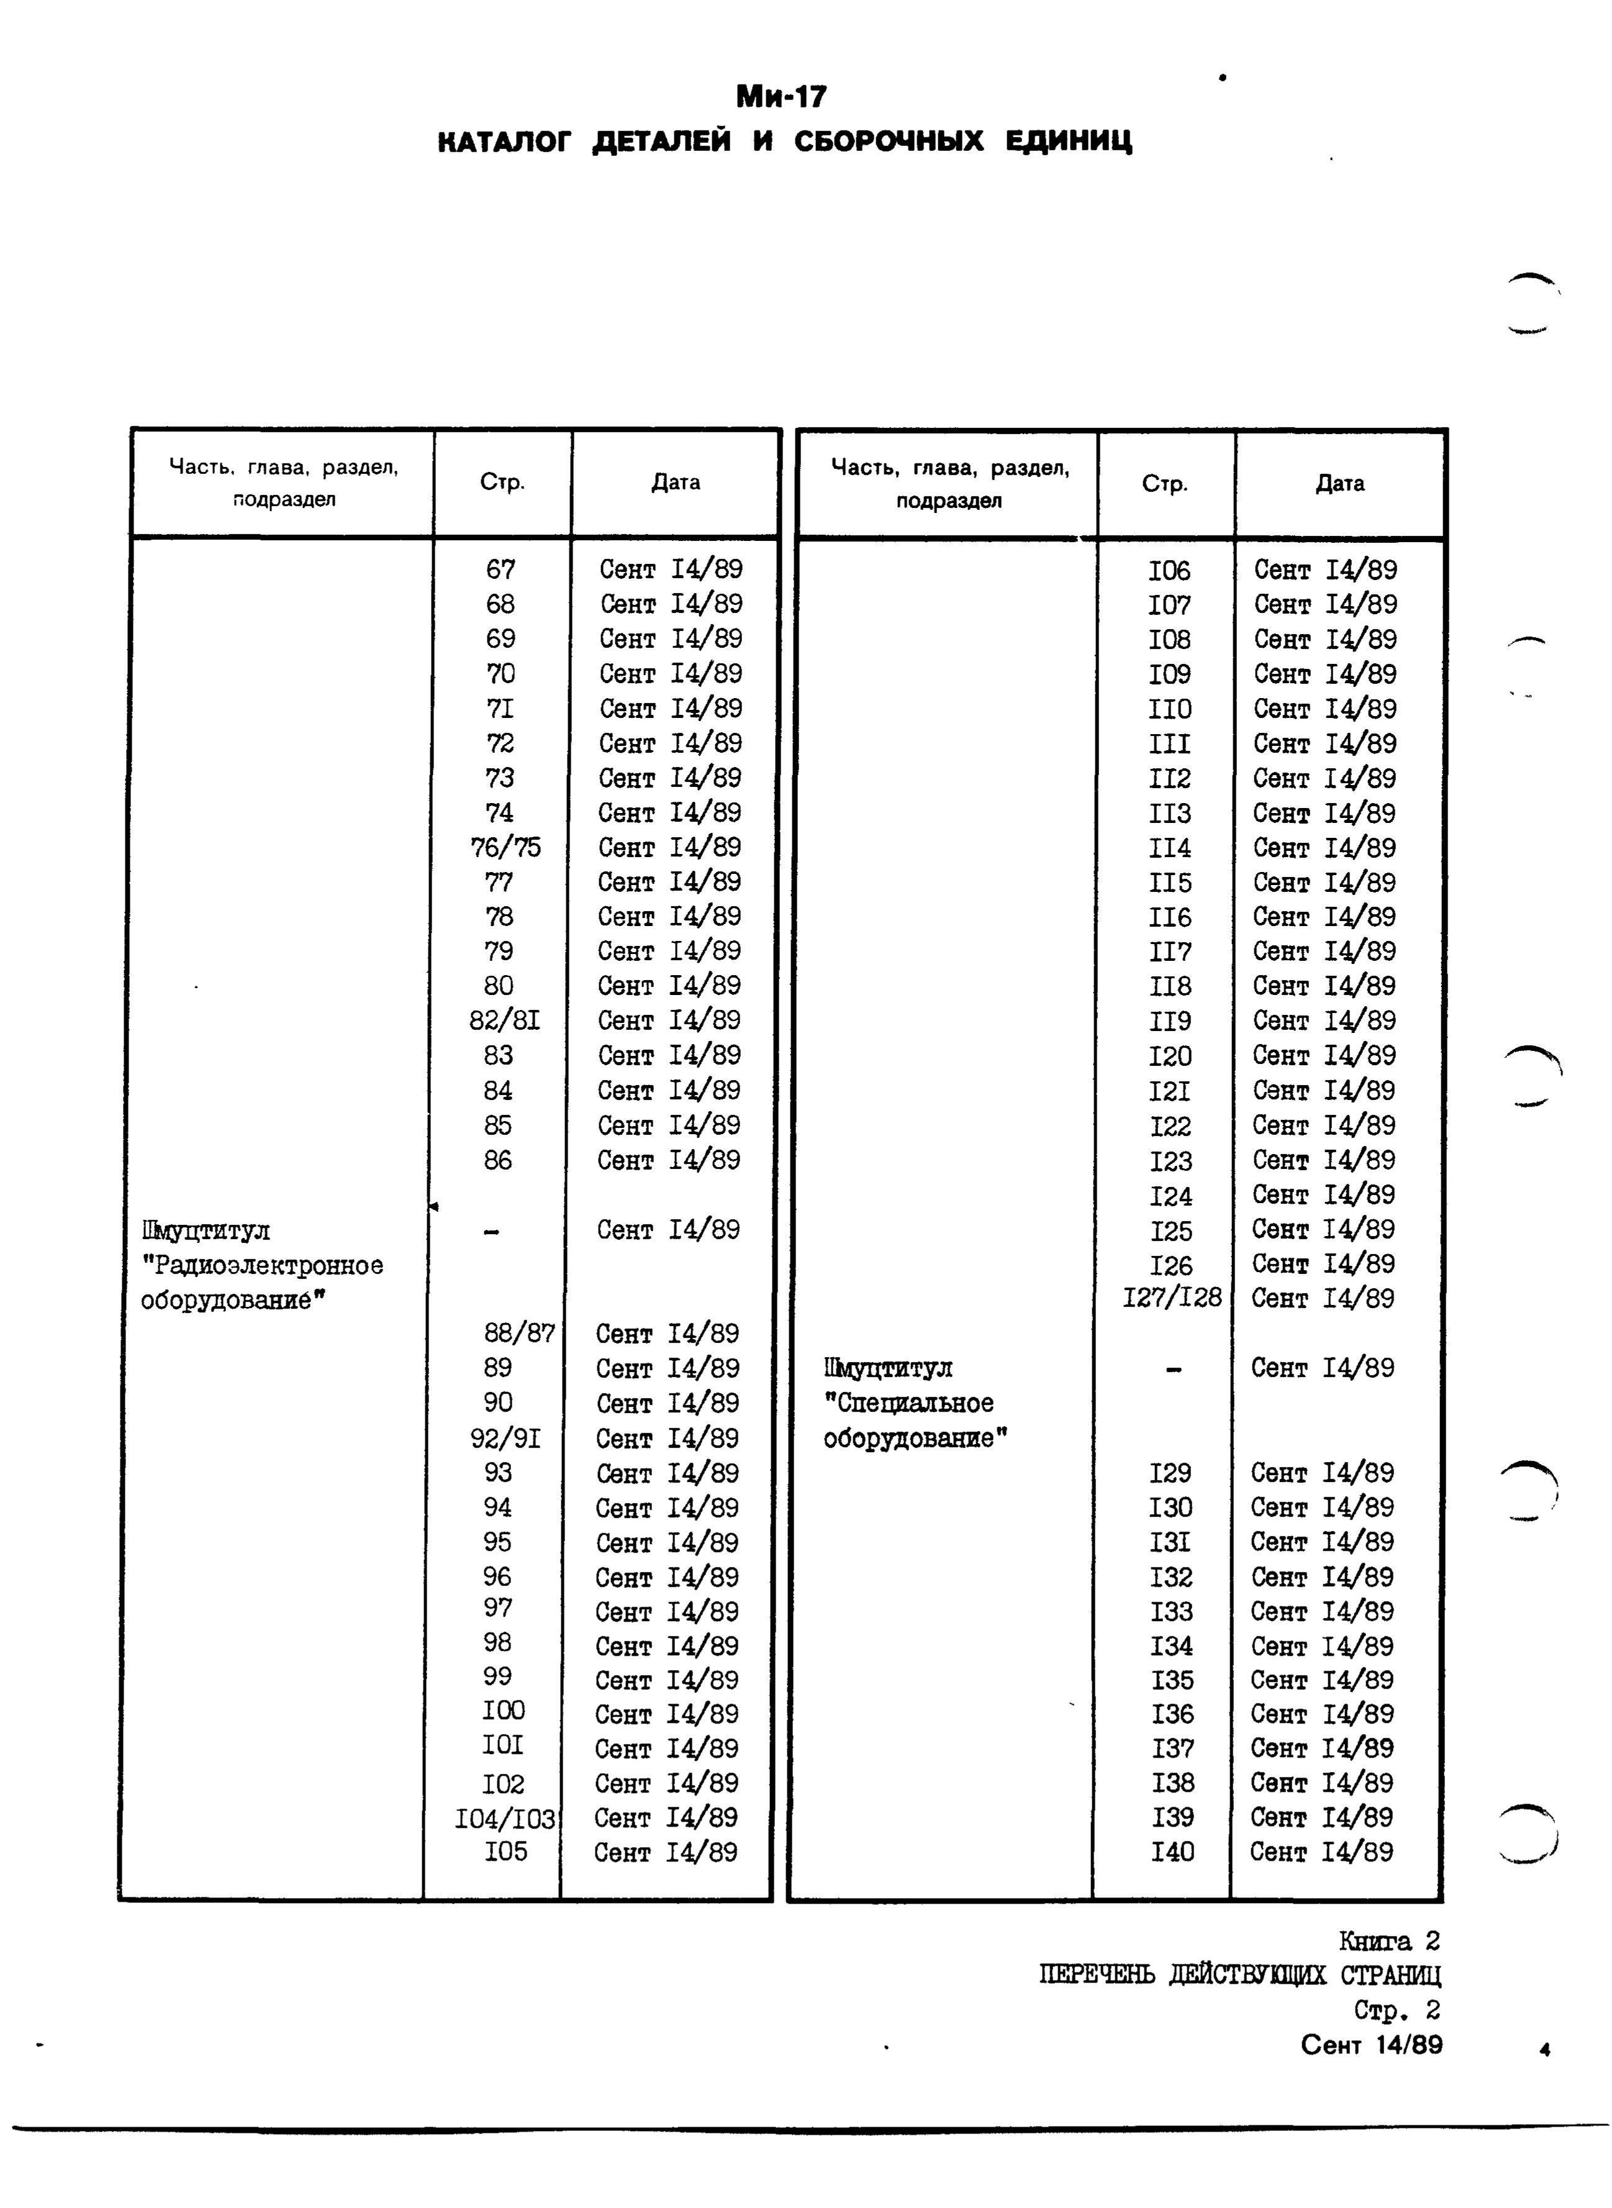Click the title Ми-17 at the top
coord(781,97)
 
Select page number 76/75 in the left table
coord(504,847)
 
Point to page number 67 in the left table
coord(500,569)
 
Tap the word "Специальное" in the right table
coord(908,1404)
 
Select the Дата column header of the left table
coord(675,482)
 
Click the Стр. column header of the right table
coord(1165,484)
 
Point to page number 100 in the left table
coord(504,1710)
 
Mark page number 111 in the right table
coord(1169,745)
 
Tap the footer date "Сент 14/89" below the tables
coord(1371,2045)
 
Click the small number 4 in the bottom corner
coord(1544,2051)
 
